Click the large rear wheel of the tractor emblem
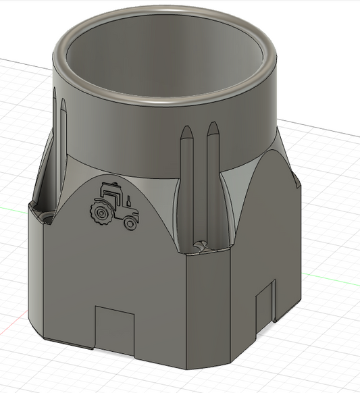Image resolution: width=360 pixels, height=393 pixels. point(102,214)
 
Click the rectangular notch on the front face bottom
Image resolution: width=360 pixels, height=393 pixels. point(115,327)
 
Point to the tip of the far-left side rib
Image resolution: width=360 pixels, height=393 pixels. point(62,103)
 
